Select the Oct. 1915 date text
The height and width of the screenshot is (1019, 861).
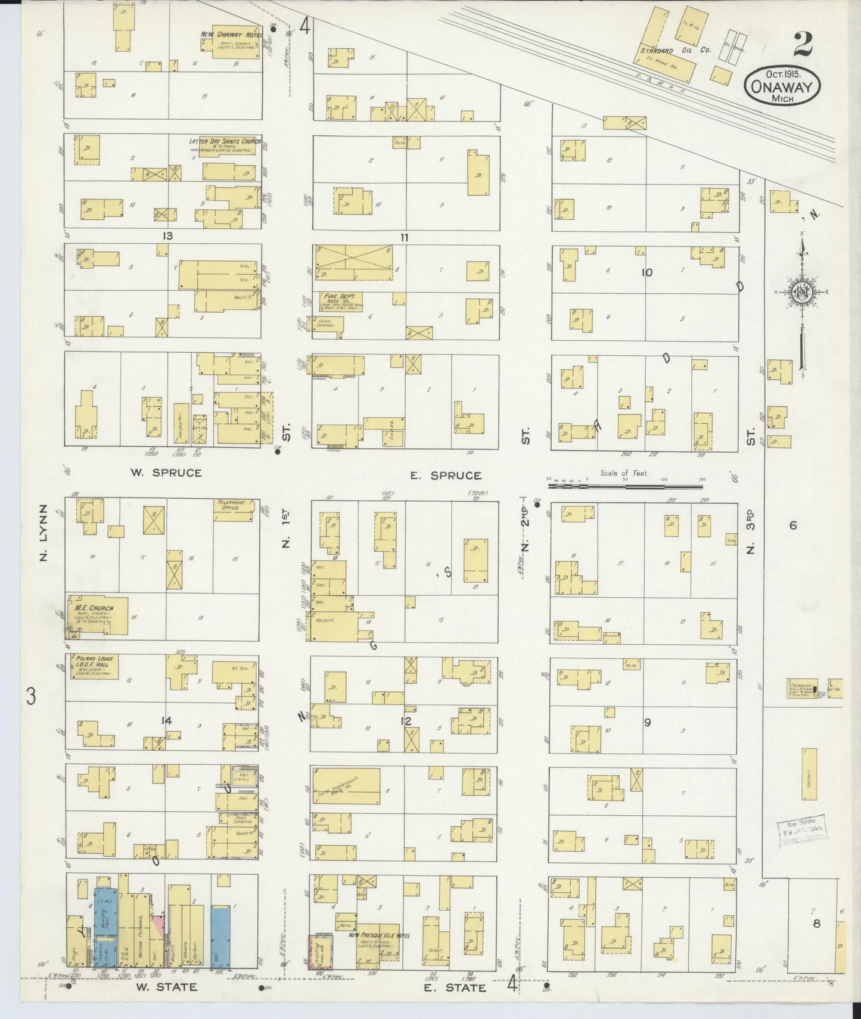click(782, 74)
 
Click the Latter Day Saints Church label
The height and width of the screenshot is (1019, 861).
click(225, 142)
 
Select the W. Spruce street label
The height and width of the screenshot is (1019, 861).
click(166, 473)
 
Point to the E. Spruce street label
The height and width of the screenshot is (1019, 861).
click(446, 475)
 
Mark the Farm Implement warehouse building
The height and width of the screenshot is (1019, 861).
click(346, 785)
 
